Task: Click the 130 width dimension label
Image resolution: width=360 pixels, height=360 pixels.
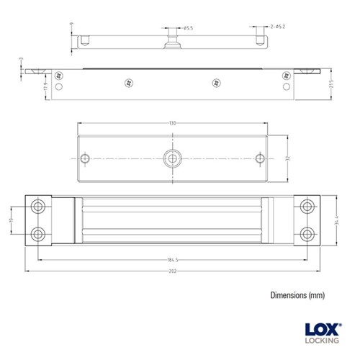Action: click(x=172, y=123)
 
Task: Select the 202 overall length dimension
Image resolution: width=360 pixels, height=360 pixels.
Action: click(x=172, y=271)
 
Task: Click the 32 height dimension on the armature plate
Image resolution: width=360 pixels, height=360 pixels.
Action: click(x=285, y=157)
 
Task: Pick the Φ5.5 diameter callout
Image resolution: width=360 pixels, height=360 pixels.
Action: click(x=186, y=28)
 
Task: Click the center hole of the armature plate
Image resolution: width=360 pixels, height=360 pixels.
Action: click(x=172, y=158)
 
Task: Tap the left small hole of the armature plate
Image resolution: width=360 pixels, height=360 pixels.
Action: click(x=86, y=158)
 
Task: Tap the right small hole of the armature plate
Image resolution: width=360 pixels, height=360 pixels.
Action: click(x=258, y=158)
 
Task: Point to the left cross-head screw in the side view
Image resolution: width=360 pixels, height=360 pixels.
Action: click(x=130, y=81)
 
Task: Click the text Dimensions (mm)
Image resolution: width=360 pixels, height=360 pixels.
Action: click(x=298, y=295)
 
